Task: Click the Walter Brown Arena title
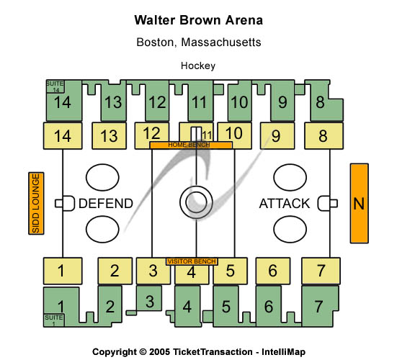pos(199,20)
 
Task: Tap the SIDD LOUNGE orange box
pos(36,204)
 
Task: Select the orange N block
pos(360,204)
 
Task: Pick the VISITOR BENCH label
pos(192,261)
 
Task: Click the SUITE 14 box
pos(55,86)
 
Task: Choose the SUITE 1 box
pos(54,320)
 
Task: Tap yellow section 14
pos(63,136)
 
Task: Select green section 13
pos(113,102)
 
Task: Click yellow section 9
pos(277,136)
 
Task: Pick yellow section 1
pos(63,271)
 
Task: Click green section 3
pos(149,300)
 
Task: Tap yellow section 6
pos(273,271)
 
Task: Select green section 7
pos(321,306)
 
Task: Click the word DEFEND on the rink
pos(106,204)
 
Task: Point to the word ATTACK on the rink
pos(285,204)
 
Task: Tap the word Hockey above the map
pos(198,66)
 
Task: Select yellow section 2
pos(115,271)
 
